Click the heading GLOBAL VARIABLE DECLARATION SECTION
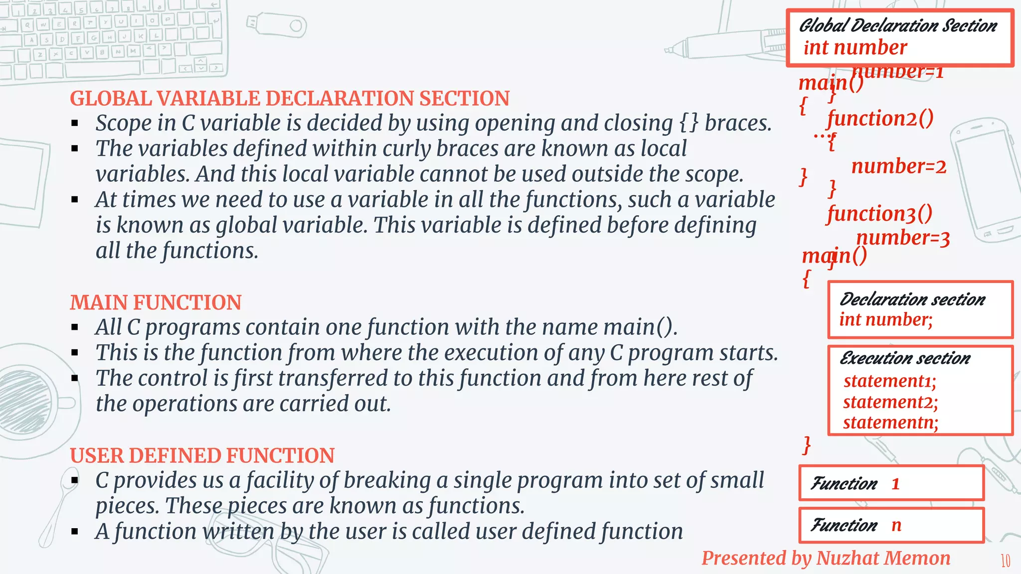pyautogui.click(x=290, y=99)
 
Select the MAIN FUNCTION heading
pyautogui.click(x=156, y=302)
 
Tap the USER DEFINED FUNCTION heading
pyautogui.click(x=202, y=455)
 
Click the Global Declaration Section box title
pyautogui.click(x=898, y=26)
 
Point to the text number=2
pyautogui.click(x=898, y=166)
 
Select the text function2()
pyautogui.click(x=880, y=119)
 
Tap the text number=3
pyautogui.click(x=903, y=238)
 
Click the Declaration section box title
pyautogui.click(x=912, y=299)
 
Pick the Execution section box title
pyautogui.click(x=905, y=358)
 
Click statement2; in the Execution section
pyautogui.click(x=890, y=402)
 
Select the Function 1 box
pyautogui.click(x=891, y=483)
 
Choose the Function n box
pyautogui.click(x=891, y=525)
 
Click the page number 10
pyautogui.click(x=1006, y=561)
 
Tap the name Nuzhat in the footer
pyautogui.click(x=848, y=559)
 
